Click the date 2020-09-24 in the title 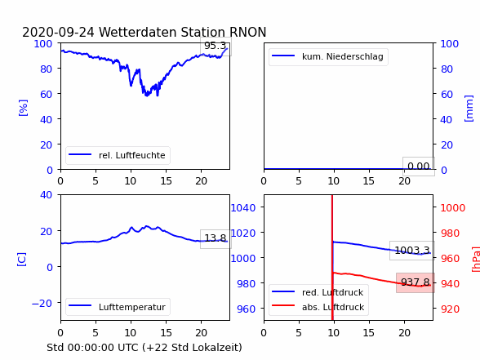point(58,32)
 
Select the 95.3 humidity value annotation point(216,46)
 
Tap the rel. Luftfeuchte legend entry point(118,155)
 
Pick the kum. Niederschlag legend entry point(328,56)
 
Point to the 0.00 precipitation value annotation point(419,167)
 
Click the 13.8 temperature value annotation point(216,238)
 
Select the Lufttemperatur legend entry point(118,307)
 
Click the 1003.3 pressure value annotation point(412,251)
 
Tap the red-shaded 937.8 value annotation point(416,282)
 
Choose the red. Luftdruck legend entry point(318,292)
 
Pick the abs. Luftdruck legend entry point(318,307)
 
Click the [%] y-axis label point(23,108)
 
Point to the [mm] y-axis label point(469,109)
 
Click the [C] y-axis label point(22,260)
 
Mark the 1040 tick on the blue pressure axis point(243,208)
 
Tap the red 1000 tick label point(453,208)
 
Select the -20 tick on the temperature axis point(42,303)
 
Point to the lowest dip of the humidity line point(147,96)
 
